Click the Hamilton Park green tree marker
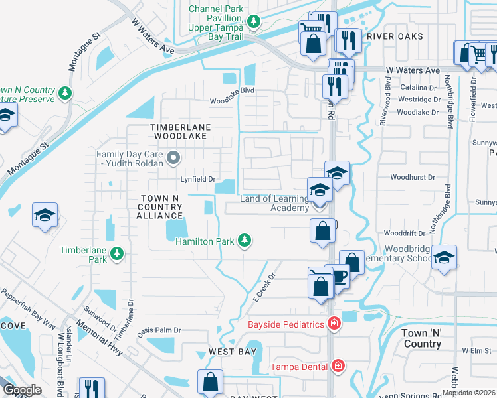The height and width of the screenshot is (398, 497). pyautogui.click(x=245, y=241)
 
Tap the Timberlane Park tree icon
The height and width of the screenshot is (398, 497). pyautogui.click(x=117, y=253)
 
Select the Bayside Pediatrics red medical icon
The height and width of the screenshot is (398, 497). pyautogui.click(x=334, y=324)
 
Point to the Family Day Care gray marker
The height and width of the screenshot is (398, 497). pyautogui.click(x=174, y=158)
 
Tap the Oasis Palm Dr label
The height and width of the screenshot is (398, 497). pyautogui.click(x=159, y=330)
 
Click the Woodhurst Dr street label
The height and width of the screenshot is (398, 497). pyautogui.click(x=412, y=178)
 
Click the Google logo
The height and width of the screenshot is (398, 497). pyautogui.click(x=22, y=390)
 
